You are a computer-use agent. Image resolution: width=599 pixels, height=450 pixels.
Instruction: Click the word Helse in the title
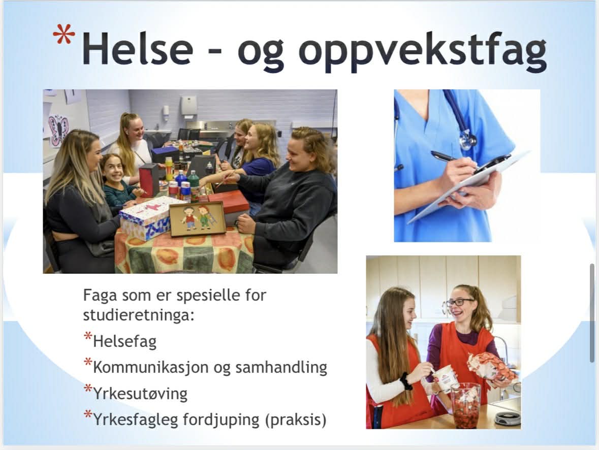coord(138,49)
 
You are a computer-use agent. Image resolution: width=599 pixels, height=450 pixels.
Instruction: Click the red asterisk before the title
coord(64,35)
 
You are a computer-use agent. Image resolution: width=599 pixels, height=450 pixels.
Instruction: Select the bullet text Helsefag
coord(124,341)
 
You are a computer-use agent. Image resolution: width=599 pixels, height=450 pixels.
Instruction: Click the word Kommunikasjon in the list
coord(151,368)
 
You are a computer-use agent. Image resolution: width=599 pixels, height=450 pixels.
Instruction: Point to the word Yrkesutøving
coord(140,394)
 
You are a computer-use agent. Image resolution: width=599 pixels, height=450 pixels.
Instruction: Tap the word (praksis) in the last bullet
coord(296,420)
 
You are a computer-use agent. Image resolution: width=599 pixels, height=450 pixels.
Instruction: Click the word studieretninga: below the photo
coord(139,315)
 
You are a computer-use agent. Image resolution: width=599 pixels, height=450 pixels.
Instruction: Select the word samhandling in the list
coord(281,367)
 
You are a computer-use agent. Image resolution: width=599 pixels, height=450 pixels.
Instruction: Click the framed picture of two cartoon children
coord(197,218)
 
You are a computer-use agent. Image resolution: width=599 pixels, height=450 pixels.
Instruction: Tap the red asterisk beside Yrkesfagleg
coord(88,414)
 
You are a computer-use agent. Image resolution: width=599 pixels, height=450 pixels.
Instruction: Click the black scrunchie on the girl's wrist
coord(406,381)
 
